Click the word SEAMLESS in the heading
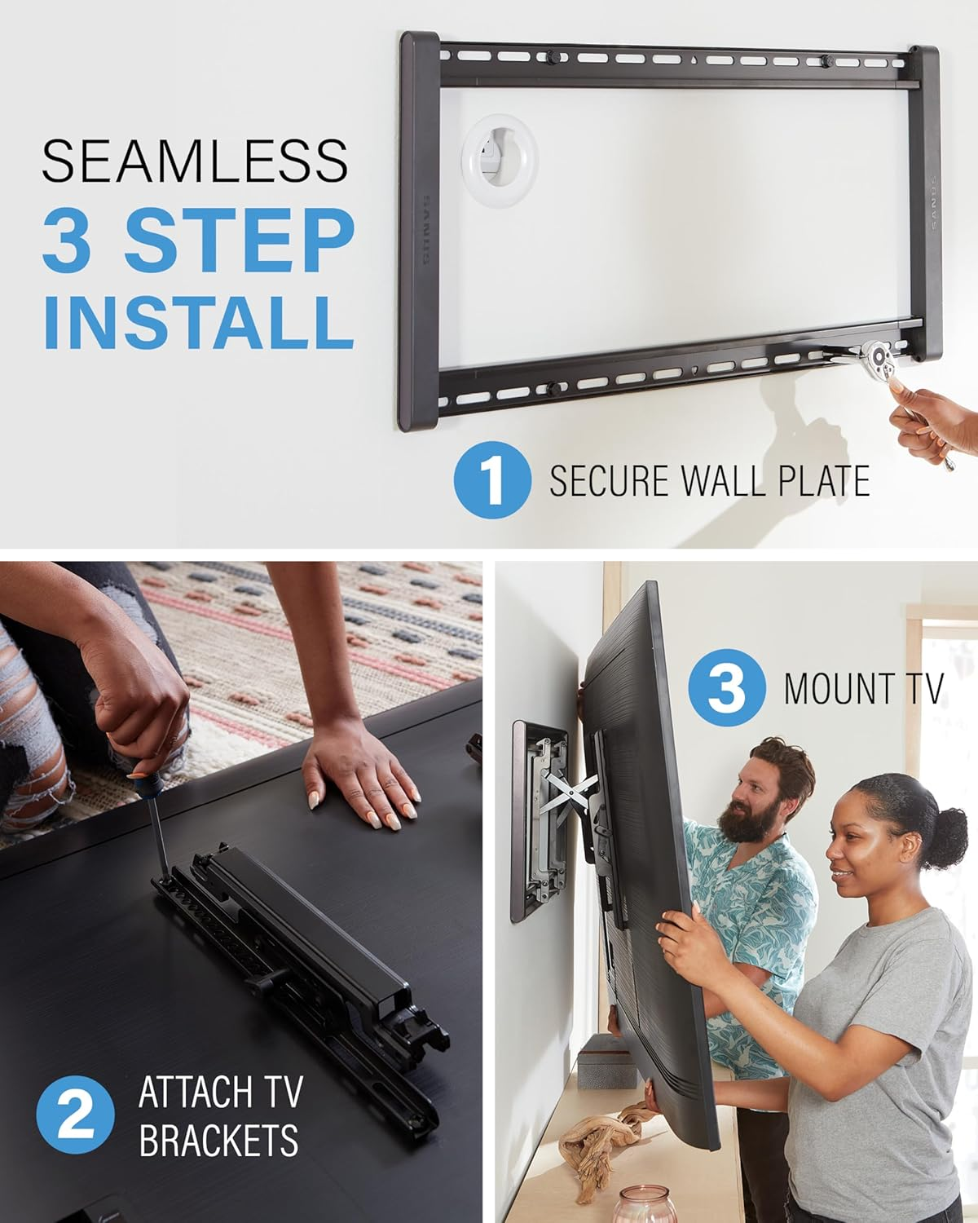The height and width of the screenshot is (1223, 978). tap(195, 161)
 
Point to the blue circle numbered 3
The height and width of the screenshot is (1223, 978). tap(727, 687)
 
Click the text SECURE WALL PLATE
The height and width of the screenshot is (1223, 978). tap(709, 481)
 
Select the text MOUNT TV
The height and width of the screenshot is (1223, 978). tap(863, 688)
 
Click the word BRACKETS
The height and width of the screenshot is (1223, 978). tap(218, 1140)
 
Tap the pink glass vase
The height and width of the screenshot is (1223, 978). tap(646, 1204)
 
